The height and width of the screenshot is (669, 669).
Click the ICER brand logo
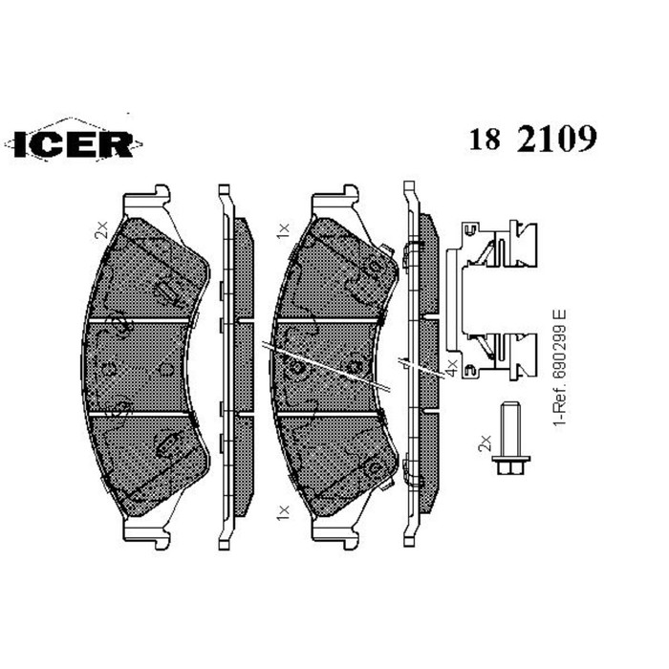(74, 142)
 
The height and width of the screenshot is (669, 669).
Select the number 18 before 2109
(486, 140)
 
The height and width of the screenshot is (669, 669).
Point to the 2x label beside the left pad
(100, 229)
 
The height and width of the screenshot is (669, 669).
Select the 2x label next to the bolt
(485, 442)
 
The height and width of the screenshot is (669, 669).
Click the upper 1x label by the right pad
(282, 229)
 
